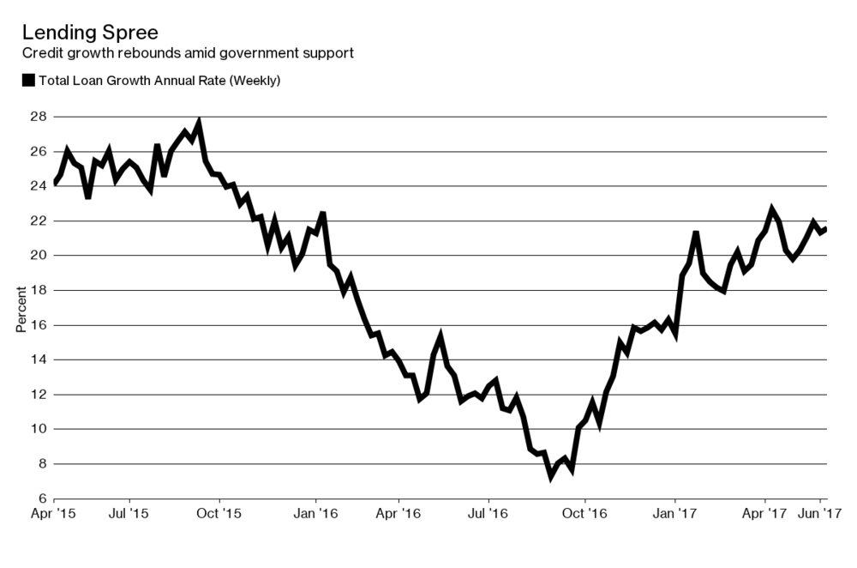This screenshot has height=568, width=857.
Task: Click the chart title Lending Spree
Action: click(x=90, y=33)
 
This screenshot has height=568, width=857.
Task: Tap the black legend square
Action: click(x=27, y=81)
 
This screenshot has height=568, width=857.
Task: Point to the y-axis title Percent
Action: click(x=21, y=307)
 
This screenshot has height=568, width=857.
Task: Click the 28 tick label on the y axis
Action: click(x=39, y=116)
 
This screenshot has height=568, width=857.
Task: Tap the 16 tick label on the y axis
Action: click(x=39, y=325)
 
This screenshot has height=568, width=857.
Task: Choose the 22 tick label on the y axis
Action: click(x=39, y=221)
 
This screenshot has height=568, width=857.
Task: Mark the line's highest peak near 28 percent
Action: click(x=199, y=123)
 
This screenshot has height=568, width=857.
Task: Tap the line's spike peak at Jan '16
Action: click(x=322, y=213)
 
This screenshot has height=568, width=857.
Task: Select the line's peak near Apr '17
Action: click(x=772, y=208)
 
